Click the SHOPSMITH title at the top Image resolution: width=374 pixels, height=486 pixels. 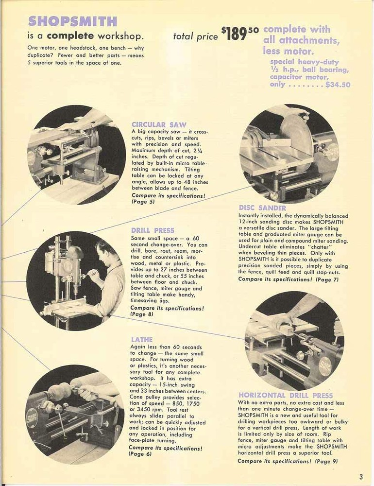tap(72, 21)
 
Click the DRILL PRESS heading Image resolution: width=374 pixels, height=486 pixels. tap(152, 230)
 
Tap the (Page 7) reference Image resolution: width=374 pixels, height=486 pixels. tap(327, 279)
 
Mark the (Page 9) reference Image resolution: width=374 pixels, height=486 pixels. tap(326, 461)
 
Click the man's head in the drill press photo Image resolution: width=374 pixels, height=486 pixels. tap(104, 253)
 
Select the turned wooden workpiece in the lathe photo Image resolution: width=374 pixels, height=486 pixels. tap(60, 391)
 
